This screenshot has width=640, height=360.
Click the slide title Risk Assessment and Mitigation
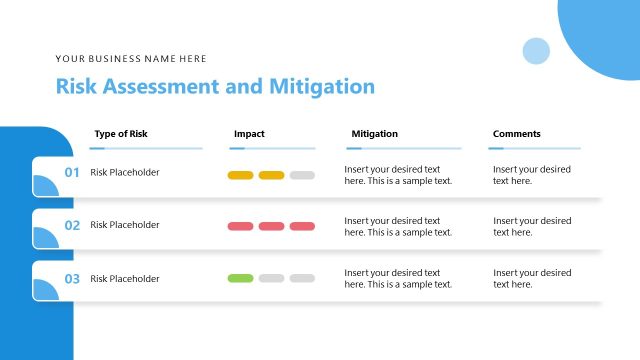(215, 86)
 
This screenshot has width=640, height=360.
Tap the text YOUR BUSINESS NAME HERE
(131, 59)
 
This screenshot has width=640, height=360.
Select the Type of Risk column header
(127, 133)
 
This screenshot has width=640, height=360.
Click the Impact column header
(249, 133)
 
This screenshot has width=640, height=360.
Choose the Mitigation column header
(375, 133)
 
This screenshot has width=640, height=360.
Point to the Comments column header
(516, 133)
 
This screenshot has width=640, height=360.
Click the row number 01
(72, 173)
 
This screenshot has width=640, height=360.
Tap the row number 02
(72, 226)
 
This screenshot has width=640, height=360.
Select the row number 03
(72, 279)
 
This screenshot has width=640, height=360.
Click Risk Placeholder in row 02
(125, 225)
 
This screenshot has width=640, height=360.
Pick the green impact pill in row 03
(241, 278)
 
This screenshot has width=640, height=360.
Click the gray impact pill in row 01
(302, 175)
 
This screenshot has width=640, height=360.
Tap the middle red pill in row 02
(271, 226)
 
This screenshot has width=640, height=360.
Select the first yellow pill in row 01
(241, 175)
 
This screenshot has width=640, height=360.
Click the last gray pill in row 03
(302, 278)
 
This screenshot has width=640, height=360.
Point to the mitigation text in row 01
(398, 175)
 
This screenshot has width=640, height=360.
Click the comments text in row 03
(532, 278)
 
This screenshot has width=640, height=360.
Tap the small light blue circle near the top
(536, 51)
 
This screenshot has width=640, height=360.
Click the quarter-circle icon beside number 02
(46, 237)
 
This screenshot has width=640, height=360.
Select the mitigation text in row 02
(398, 226)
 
